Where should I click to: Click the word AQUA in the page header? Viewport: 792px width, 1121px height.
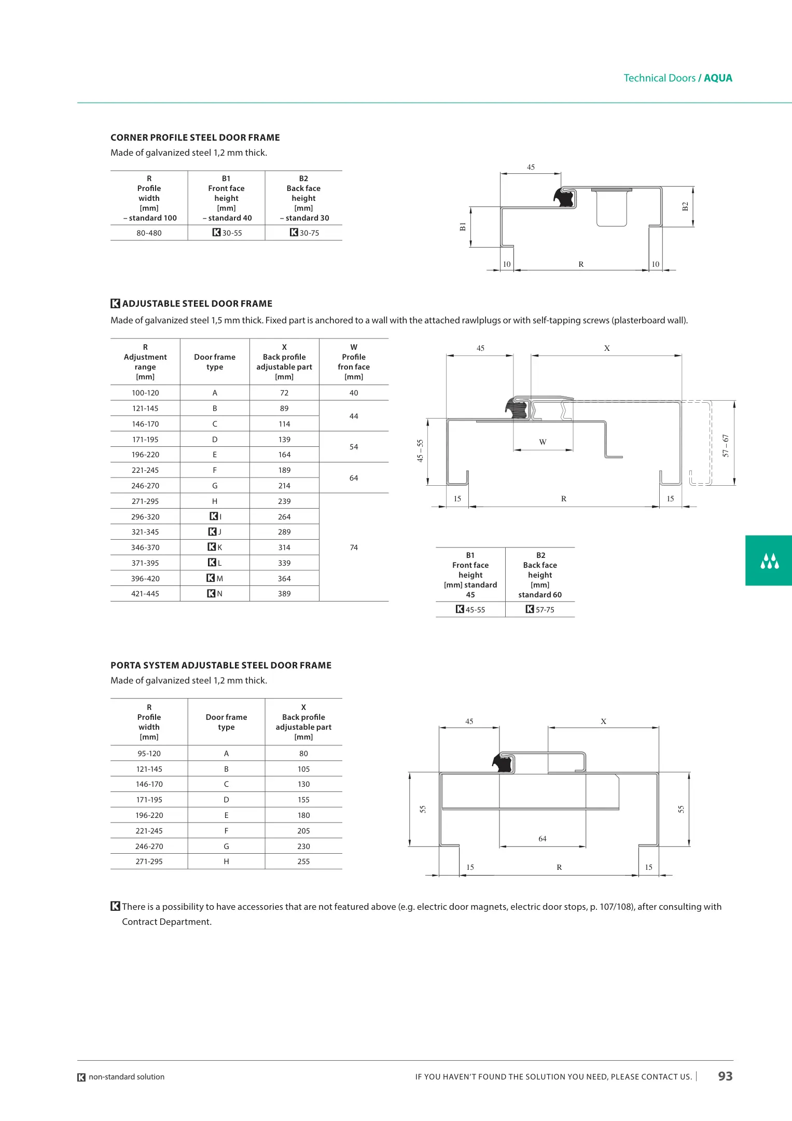click(x=718, y=78)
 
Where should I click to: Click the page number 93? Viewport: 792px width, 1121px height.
click(x=725, y=1076)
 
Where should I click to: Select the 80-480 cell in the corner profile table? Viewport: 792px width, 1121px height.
click(x=149, y=233)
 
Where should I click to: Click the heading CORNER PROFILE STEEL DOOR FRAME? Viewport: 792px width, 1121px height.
click(x=195, y=138)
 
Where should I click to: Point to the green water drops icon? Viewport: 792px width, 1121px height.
click(x=769, y=561)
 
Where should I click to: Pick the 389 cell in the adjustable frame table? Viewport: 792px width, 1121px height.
click(x=284, y=594)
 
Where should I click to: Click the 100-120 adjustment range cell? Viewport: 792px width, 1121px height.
click(x=145, y=393)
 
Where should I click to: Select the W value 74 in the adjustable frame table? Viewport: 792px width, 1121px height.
click(x=354, y=548)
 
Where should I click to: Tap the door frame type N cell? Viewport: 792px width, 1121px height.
click(x=215, y=594)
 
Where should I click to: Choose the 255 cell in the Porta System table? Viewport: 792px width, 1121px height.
click(x=303, y=862)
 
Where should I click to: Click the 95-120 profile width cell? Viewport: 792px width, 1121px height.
click(x=149, y=754)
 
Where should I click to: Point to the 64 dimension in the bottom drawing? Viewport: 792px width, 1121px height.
click(x=543, y=839)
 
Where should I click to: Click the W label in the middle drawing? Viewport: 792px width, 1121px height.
click(x=543, y=442)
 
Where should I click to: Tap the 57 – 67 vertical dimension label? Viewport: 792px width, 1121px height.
click(x=726, y=446)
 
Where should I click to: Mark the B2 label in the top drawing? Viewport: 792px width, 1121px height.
click(x=685, y=207)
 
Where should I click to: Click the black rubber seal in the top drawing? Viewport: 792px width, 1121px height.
click(x=564, y=197)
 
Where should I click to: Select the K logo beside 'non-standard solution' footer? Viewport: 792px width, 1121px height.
click(x=81, y=1077)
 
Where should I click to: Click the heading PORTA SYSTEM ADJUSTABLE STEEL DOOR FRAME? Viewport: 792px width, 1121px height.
click(x=221, y=665)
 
